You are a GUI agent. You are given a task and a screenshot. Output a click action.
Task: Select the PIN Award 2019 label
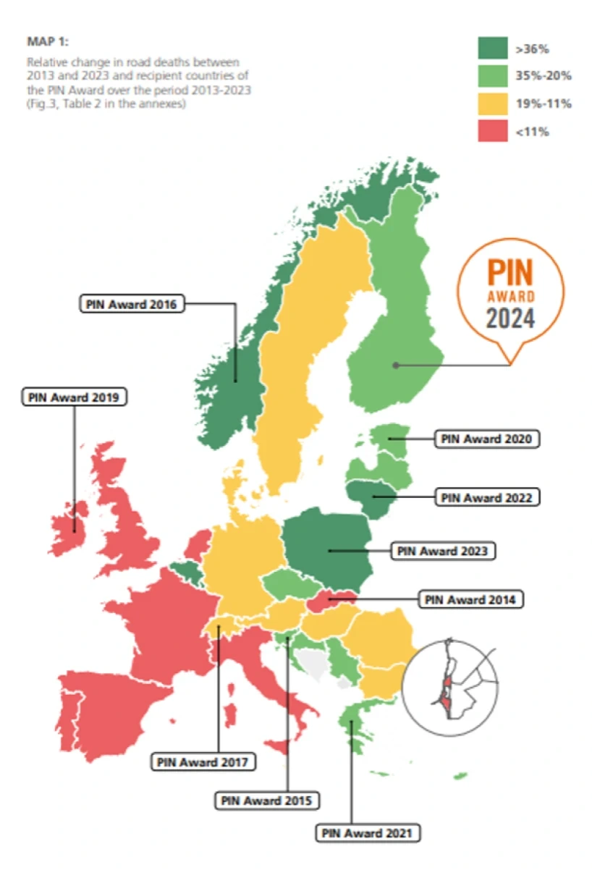(75, 397)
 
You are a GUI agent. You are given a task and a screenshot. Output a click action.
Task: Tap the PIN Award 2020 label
(487, 439)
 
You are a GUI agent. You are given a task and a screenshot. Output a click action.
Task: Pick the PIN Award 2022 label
(487, 497)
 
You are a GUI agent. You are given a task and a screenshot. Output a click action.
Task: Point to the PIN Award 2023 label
(443, 551)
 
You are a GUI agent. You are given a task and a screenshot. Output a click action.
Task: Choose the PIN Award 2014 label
(470, 599)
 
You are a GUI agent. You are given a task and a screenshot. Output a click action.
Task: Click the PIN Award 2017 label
(203, 761)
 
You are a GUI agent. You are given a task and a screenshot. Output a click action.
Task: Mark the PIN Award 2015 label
(268, 801)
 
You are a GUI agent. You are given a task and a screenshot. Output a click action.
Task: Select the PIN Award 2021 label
(368, 833)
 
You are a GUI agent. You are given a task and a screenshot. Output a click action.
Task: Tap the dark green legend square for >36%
(492, 48)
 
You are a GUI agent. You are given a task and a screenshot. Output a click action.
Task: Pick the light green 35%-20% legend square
(492, 76)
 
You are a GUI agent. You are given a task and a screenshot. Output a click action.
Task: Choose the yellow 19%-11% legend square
(492, 104)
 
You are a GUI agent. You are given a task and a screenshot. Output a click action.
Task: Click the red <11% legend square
(492, 131)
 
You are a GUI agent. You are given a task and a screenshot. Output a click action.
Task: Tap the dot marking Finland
(396, 366)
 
